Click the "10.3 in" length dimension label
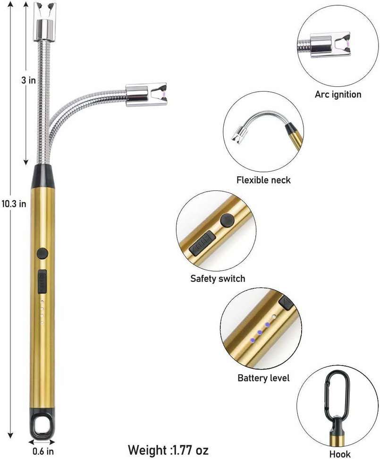pos(13,204)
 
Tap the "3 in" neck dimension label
pos(29,80)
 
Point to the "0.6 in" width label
pos(43,450)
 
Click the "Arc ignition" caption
pos(338,94)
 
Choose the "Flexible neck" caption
pos(263,180)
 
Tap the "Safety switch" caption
pos(218,278)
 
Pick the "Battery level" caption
pos(263,378)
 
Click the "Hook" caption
pos(339,454)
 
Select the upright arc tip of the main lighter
pos(45,18)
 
